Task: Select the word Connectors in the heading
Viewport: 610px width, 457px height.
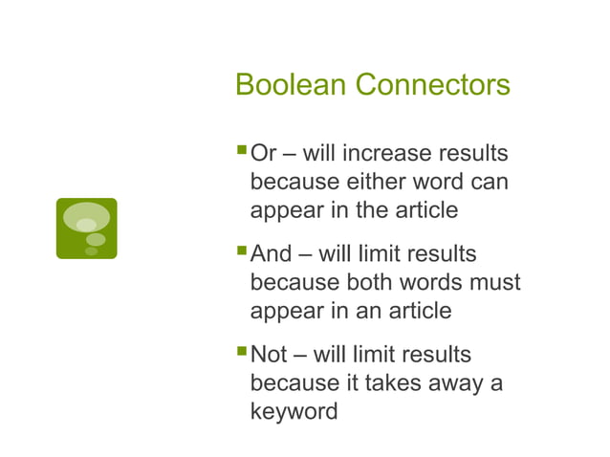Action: (432, 85)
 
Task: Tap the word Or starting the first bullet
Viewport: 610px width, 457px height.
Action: (264, 154)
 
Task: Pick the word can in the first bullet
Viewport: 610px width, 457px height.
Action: (488, 181)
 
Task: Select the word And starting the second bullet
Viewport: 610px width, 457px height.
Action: (271, 255)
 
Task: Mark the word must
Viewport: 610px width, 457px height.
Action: (500, 283)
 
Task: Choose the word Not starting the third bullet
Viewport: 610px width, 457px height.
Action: (269, 356)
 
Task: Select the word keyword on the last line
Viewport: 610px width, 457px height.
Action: (294, 412)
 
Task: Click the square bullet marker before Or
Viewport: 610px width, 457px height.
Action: (240, 150)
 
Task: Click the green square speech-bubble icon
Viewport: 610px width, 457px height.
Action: (86, 228)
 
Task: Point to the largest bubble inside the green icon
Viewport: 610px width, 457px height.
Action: (86, 216)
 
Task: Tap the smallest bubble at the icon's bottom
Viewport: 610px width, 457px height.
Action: (92, 251)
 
